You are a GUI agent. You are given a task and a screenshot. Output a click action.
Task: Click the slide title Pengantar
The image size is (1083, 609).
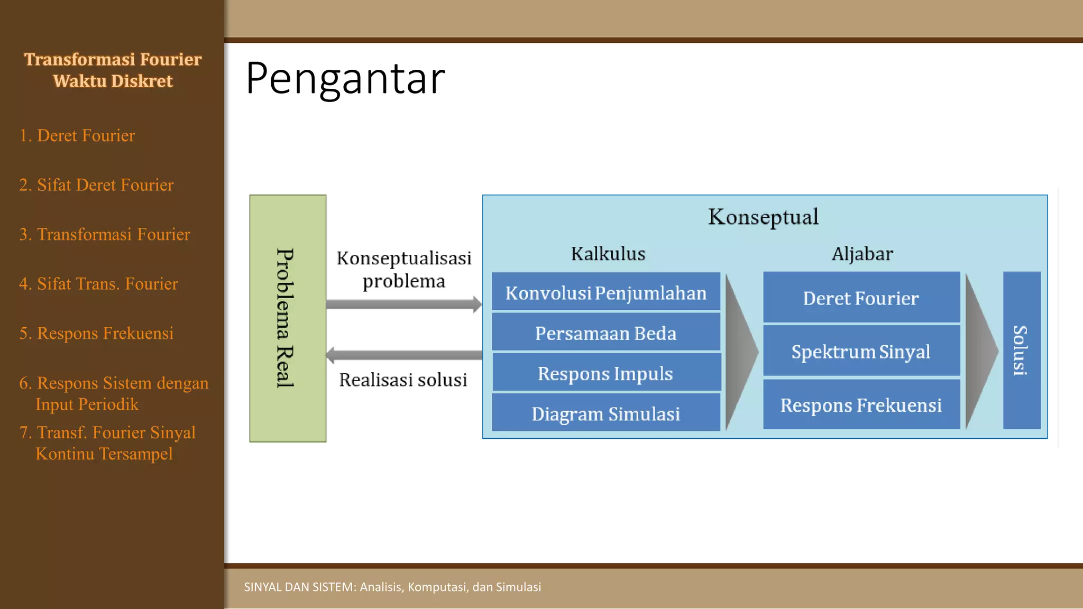(345, 78)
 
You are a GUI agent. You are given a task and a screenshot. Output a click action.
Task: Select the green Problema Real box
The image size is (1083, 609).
(288, 318)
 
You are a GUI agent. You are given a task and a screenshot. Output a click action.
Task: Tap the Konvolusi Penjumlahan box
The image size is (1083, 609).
(606, 292)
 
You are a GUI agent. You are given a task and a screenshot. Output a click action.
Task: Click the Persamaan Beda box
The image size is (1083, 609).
(606, 333)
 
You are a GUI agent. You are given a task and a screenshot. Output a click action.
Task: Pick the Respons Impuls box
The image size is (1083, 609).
(606, 373)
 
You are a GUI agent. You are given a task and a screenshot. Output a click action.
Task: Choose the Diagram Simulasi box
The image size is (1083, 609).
(606, 413)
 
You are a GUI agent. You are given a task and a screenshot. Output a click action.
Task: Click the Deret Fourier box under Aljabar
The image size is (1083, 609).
(861, 298)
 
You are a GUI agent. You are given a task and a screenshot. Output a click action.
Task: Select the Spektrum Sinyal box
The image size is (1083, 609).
(861, 351)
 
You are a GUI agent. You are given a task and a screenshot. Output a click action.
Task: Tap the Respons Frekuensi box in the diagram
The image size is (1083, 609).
(861, 405)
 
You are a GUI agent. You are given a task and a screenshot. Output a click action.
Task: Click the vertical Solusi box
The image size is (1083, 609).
(1022, 350)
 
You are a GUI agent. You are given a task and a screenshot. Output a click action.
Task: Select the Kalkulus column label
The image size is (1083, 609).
(608, 254)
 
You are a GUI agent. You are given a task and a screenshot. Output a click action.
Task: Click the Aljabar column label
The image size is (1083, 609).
(862, 254)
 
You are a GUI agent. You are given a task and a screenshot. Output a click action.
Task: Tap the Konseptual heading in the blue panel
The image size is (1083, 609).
(763, 217)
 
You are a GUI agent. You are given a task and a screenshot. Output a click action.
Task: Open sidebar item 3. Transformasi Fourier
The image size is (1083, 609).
(105, 234)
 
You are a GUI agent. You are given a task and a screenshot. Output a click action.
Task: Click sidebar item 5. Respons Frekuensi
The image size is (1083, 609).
(96, 333)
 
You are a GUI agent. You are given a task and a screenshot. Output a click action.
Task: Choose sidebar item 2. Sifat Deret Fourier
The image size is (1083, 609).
(96, 185)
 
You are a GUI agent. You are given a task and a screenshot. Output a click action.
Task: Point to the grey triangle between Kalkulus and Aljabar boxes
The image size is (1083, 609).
(740, 352)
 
